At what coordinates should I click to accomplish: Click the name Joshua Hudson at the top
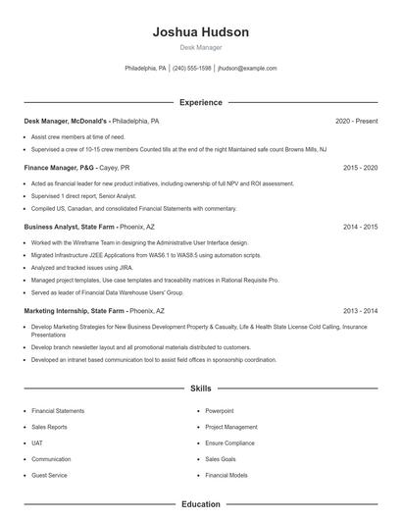point(201,31)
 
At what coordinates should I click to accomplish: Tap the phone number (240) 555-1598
point(192,69)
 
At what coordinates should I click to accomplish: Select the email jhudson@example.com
point(247,69)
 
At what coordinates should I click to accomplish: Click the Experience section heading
point(201,102)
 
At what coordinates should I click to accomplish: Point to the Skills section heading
point(201,389)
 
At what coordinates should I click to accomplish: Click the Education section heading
point(201,504)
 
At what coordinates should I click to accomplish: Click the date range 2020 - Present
point(356,121)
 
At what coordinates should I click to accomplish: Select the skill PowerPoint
point(220,411)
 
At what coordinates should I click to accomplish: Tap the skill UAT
point(38,442)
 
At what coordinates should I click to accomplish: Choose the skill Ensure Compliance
point(229,442)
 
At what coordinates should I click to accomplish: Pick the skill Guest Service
point(49,475)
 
